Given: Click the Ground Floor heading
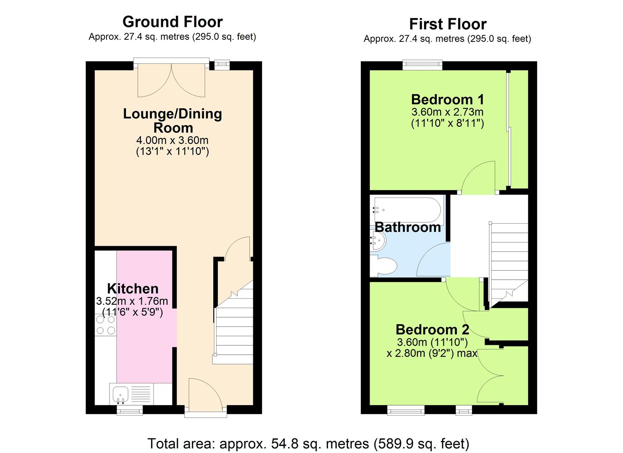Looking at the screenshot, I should click(172, 22).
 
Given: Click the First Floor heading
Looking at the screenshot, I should click(448, 24).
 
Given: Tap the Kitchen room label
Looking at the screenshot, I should click(133, 289).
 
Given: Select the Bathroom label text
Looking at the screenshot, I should click(407, 227).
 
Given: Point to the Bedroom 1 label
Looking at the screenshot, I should click(447, 99).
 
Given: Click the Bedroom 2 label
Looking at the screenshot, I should click(432, 329).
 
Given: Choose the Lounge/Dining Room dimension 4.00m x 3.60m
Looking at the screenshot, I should click(172, 140).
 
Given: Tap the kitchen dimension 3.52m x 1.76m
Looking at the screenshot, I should click(132, 301).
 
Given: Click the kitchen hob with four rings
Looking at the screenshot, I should click(105, 325).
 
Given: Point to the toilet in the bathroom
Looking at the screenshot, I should click(384, 266).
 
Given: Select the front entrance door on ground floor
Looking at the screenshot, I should click(205, 394).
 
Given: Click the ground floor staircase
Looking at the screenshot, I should click(234, 327).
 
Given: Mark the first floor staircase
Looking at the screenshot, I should click(509, 260).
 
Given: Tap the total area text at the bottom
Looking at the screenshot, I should click(308, 443).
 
